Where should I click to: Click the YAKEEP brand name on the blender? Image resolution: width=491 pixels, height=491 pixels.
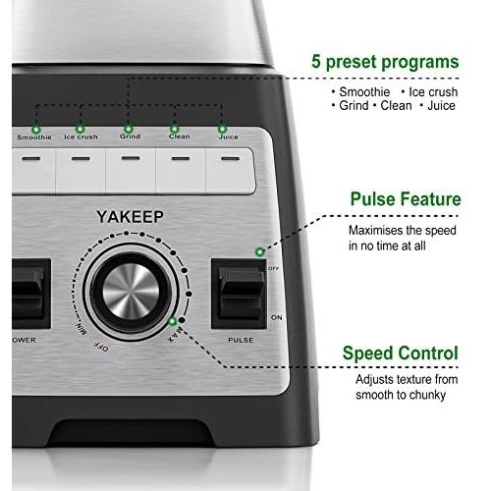(130, 217)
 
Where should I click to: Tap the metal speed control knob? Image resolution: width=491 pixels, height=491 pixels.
(131, 292)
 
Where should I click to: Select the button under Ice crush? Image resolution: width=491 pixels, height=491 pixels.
(81, 171)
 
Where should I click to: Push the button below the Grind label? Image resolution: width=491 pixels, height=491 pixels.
(131, 171)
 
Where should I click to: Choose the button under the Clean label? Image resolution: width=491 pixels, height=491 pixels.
(181, 171)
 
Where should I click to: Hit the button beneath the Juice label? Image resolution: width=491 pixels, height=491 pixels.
(231, 171)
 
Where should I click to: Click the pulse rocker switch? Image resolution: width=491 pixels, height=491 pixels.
(242, 293)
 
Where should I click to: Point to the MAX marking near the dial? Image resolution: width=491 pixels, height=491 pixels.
(174, 336)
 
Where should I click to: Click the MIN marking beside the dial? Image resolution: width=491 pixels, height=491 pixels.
(82, 329)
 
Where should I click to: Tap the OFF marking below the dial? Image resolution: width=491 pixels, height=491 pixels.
(101, 347)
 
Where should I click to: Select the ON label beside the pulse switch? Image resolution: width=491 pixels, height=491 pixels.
(277, 317)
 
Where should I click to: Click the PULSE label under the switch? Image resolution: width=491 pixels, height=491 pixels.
(241, 340)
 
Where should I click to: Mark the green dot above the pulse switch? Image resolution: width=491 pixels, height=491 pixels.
(259, 251)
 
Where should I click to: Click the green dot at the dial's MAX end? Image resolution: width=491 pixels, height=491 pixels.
(172, 321)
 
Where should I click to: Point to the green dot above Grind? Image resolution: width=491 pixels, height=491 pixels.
(129, 129)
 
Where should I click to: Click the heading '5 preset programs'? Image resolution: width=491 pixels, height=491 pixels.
(385, 62)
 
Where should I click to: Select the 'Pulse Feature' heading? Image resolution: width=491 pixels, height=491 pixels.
(406, 198)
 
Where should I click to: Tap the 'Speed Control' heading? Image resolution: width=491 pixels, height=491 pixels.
(401, 354)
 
